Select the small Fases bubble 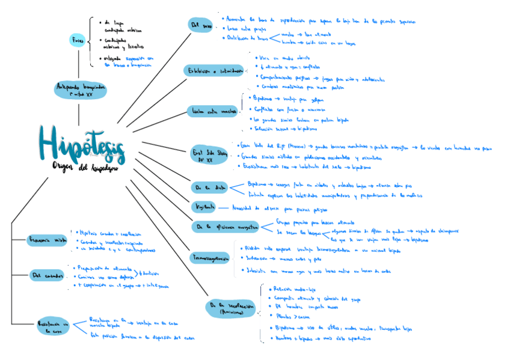(78, 40)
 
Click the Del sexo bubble (201, 25)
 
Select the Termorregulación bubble (210, 258)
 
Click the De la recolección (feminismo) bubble (230, 308)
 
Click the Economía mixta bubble (48, 240)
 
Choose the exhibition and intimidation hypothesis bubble (214, 72)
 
